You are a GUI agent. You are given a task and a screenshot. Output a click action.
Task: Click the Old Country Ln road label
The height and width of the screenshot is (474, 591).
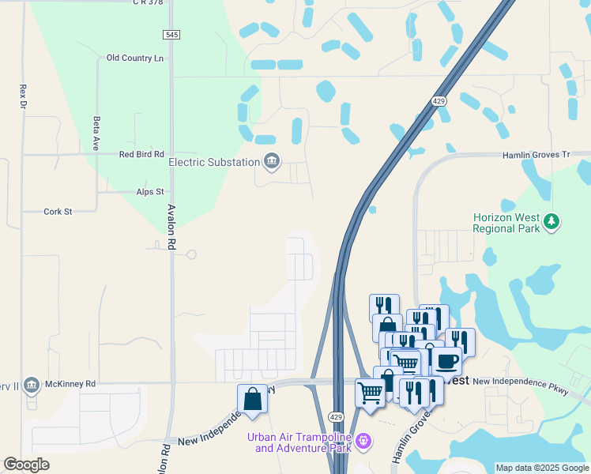[134, 58]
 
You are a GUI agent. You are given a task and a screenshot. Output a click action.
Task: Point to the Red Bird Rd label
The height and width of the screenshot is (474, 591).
[141, 155]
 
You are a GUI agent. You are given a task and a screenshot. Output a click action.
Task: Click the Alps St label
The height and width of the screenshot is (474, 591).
[149, 192]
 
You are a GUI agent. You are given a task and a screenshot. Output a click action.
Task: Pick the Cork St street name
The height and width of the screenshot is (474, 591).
[58, 212]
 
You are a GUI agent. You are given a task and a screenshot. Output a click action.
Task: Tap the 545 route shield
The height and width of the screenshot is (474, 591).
[172, 35]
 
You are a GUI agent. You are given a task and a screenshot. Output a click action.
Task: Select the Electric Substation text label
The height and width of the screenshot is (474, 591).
[214, 163]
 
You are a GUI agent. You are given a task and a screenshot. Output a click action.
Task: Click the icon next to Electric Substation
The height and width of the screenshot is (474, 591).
[272, 162]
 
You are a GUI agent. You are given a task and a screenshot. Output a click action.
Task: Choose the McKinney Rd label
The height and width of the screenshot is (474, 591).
[70, 384]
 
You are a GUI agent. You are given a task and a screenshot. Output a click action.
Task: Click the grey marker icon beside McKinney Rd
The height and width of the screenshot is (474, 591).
[31, 385]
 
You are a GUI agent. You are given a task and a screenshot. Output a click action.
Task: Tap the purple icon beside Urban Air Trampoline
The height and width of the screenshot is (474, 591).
[363, 441]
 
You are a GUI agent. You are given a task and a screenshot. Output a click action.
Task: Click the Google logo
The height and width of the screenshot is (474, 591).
[26, 465]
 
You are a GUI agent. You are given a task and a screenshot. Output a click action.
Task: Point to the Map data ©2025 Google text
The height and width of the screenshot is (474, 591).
[542, 468]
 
